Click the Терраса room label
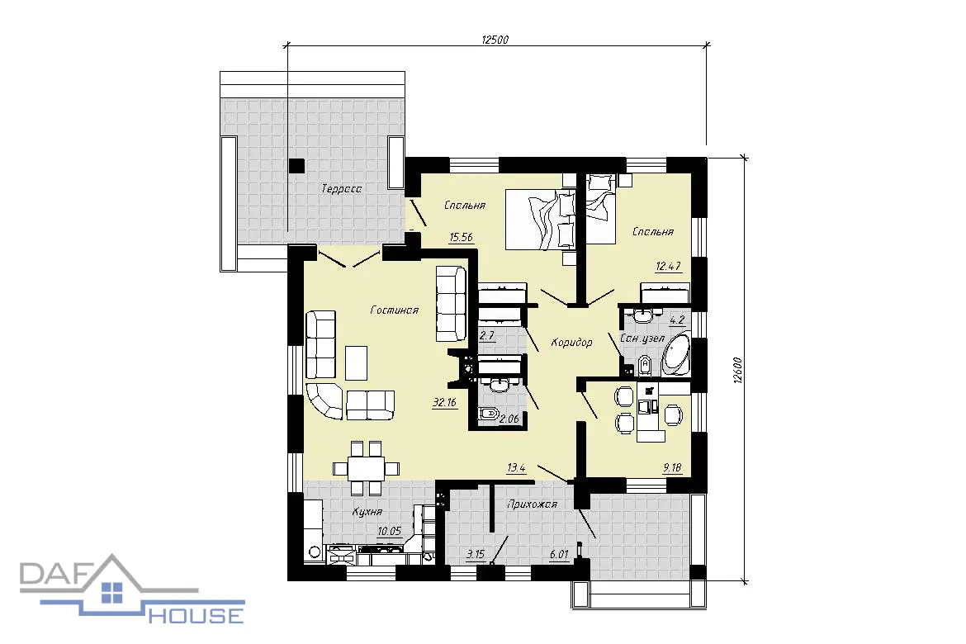pyautogui.click(x=341, y=188)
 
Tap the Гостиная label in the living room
pyautogui.click(x=395, y=310)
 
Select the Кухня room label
pyautogui.click(x=367, y=512)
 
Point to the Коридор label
pyautogui.click(x=571, y=342)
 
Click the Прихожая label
pyautogui.click(x=532, y=504)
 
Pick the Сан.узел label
pyautogui.click(x=642, y=339)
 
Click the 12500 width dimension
pyautogui.click(x=495, y=40)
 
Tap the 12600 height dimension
pyautogui.click(x=738, y=370)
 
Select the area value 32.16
pyautogui.click(x=444, y=402)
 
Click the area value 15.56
pyautogui.click(x=462, y=237)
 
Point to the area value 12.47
pyautogui.click(x=669, y=266)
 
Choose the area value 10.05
pyautogui.click(x=390, y=531)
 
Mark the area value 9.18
pyautogui.click(x=672, y=468)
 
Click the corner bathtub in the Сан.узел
pyautogui.click(x=676, y=354)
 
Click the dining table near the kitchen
pyautogui.click(x=366, y=468)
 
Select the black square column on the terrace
pyautogui.click(x=297, y=165)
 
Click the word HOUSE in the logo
pyautogui.click(x=197, y=614)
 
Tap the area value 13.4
pyautogui.click(x=516, y=468)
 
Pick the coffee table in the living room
pyautogui.click(x=356, y=363)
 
